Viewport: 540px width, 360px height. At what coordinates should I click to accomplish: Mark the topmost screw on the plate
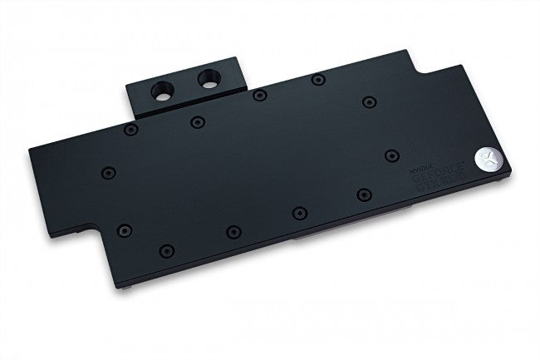(x=316, y=80)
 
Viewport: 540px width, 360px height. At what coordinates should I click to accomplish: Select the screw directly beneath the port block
(x=196, y=121)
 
